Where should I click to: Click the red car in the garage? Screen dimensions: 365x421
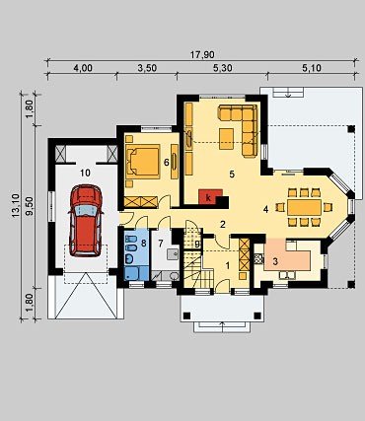pos(86,221)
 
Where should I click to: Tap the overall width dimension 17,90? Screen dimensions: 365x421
pos(202,54)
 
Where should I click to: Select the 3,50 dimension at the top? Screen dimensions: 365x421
pos(147,68)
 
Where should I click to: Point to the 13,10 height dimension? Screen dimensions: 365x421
pos(16,206)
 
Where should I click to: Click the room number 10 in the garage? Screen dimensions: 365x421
pos(85,173)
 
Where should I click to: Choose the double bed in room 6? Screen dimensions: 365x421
pos(143,162)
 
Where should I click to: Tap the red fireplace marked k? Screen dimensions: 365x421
pos(210,197)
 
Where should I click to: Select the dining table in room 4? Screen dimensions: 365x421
pos(304,207)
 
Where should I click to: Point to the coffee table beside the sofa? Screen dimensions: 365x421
pos(227,139)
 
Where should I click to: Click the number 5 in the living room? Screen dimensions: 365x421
pos(232,175)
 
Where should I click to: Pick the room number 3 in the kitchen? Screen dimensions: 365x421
pos(275,261)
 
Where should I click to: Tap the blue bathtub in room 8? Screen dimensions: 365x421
pos(136,273)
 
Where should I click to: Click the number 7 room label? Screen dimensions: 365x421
pos(161,244)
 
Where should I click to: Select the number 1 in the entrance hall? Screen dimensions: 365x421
pos(227,265)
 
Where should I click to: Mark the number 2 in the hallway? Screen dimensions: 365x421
pos(223,225)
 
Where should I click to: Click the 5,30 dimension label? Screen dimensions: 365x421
pos(222,68)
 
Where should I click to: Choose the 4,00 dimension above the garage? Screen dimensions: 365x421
pos(83,68)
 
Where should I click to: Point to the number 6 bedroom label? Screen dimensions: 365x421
pos(167,162)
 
